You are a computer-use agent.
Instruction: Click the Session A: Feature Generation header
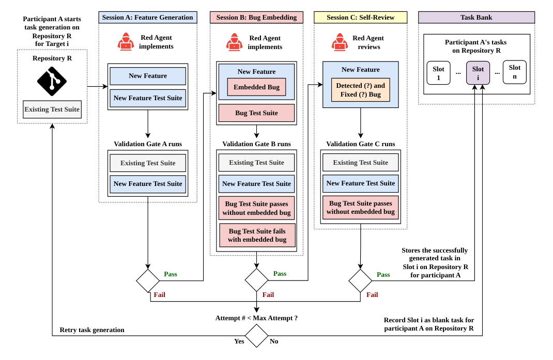(x=148, y=18)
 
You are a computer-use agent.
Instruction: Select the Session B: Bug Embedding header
(x=256, y=18)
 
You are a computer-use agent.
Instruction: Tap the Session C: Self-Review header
(x=360, y=18)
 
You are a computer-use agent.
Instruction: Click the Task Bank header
(x=477, y=18)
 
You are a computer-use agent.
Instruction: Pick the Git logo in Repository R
(x=52, y=82)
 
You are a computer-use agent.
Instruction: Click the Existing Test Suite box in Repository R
(x=52, y=109)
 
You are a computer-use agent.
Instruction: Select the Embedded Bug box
(x=256, y=87)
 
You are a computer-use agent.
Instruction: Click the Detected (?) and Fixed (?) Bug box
(x=360, y=90)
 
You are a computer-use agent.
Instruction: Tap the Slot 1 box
(x=438, y=73)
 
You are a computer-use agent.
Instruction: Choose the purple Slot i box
(x=478, y=73)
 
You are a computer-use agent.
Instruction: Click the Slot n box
(x=515, y=72)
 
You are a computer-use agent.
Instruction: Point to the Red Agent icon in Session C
(x=340, y=42)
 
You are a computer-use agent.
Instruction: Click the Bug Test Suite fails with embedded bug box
(x=257, y=235)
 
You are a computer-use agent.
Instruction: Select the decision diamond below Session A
(x=148, y=280)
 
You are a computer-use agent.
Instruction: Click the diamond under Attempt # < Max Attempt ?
(x=256, y=336)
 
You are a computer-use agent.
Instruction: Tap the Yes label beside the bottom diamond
(x=239, y=341)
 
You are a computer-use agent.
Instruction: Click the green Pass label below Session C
(x=383, y=275)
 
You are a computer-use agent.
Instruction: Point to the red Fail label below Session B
(x=268, y=295)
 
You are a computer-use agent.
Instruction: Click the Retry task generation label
(x=92, y=330)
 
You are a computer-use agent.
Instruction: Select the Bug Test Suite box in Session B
(x=256, y=113)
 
